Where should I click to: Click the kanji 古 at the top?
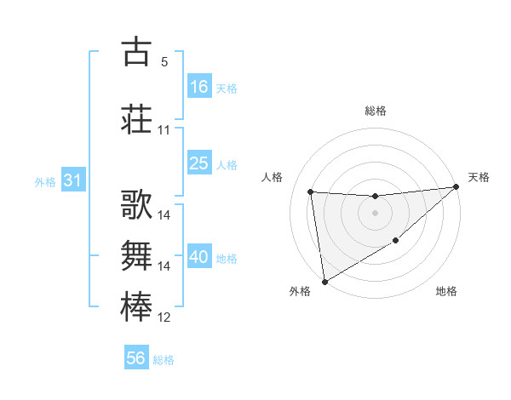click(136, 52)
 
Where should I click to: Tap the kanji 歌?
click(136, 207)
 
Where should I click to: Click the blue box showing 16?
click(198, 86)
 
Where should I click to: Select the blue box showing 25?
click(198, 163)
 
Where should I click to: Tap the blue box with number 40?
click(198, 257)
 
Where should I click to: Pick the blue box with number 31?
click(72, 180)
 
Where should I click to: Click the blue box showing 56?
click(135, 358)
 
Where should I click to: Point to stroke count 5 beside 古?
click(164, 62)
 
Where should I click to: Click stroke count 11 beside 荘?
click(164, 130)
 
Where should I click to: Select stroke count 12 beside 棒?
click(164, 317)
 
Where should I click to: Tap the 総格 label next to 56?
click(164, 360)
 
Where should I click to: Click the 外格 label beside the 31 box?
click(45, 181)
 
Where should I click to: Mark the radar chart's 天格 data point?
click(456, 187)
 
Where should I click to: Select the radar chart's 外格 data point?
click(324, 281)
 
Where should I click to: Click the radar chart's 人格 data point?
click(311, 191)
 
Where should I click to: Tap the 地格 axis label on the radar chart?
click(446, 292)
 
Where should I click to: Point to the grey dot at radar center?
click(375, 213)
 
